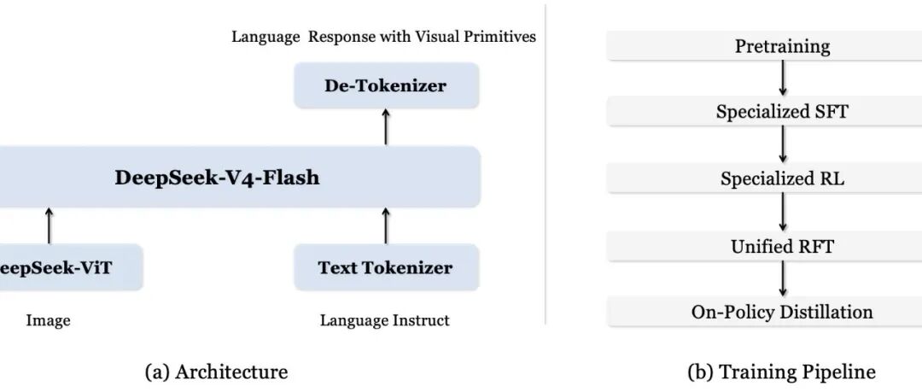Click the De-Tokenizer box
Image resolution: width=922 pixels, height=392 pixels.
(x=387, y=85)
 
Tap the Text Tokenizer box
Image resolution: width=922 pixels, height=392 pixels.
(x=387, y=267)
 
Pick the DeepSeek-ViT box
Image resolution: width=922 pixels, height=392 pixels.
(x=71, y=267)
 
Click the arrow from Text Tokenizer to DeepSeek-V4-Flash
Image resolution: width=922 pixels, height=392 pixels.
(x=386, y=225)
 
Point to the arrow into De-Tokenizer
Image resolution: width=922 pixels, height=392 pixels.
(x=386, y=126)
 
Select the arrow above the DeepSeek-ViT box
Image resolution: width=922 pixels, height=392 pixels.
(x=49, y=225)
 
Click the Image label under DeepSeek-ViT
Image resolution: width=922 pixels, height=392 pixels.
(x=48, y=321)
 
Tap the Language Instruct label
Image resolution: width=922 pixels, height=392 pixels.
(x=384, y=321)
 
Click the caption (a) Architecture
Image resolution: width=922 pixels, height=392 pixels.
(x=216, y=372)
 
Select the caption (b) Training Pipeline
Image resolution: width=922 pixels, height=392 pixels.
(x=781, y=372)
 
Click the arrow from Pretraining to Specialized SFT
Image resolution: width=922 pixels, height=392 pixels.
(x=782, y=79)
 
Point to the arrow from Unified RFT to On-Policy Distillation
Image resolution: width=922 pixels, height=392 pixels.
(x=782, y=279)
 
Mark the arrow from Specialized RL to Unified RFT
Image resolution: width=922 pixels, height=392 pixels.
(x=782, y=212)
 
